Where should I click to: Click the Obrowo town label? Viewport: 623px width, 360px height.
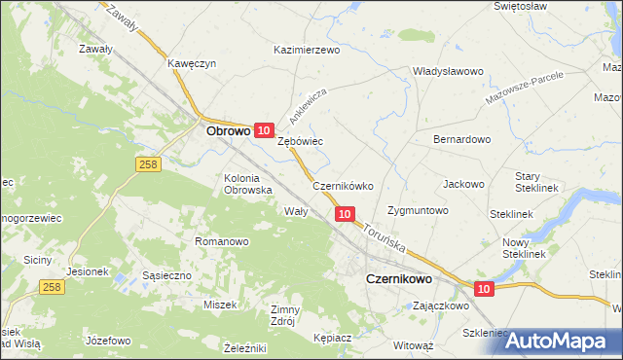pyautogui.click(x=228, y=128)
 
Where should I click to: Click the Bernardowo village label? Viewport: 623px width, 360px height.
pyautogui.click(x=461, y=139)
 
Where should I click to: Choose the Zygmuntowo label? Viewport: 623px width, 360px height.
pyautogui.click(x=417, y=210)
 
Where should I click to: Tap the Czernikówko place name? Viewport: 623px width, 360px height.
pyautogui.click(x=343, y=186)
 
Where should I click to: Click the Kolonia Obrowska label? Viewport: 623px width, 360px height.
pyautogui.click(x=247, y=184)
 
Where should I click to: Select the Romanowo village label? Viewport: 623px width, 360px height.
pyautogui.click(x=222, y=241)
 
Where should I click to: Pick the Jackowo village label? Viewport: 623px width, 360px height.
pyautogui.click(x=463, y=184)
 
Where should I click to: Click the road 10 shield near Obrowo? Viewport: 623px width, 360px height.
pyautogui.click(x=263, y=129)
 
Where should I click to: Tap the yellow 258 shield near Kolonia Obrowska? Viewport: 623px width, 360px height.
pyautogui.click(x=147, y=166)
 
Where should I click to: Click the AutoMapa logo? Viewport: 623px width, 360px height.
pyautogui.click(x=564, y=341)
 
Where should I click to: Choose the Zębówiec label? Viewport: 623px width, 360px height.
pyautogui.click(x=300, y=141)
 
